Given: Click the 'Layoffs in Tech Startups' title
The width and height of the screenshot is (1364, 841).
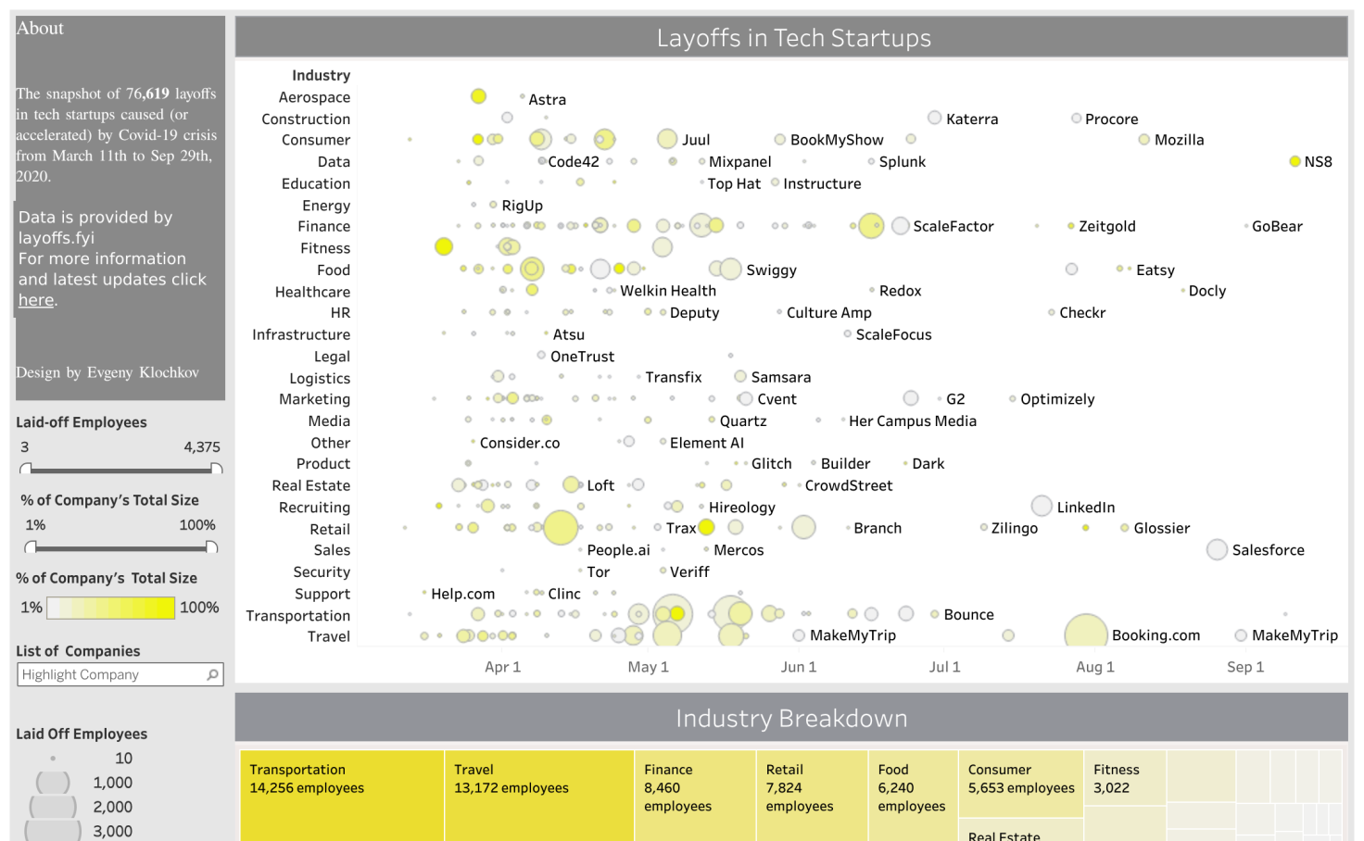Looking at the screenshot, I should (x=793, y=38).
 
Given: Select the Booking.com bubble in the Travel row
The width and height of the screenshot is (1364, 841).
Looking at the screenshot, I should (x=1086, y=634).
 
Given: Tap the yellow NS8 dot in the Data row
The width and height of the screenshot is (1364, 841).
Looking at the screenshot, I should (x=1295, y=161).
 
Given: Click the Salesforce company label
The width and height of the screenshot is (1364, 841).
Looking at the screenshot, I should (x=1268, y=550).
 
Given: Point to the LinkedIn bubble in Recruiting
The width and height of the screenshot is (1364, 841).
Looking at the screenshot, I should (x=1042, y=506).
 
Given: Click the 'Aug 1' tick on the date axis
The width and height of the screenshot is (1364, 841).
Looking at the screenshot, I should (x=1095, y=667).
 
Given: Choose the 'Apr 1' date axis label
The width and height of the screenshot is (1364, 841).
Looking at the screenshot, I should (x=502, y=667).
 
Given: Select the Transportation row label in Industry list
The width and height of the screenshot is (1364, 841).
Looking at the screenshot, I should (x=297, y=616).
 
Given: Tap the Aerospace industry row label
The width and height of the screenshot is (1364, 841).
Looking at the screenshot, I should (x=314, y=97).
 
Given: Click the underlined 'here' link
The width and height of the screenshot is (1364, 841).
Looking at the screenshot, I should (x=36, y=300).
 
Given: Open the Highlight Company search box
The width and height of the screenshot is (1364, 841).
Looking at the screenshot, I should (x=111, y=675).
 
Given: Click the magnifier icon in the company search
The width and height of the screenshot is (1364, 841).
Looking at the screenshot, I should (x=213, y=674).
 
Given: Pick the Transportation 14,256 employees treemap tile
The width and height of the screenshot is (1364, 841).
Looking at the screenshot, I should (x=341, y=794).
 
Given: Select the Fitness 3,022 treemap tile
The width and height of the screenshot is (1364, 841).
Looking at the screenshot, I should (x=1124, y=778).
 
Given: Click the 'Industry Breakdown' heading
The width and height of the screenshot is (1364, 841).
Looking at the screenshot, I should (x=791, y=719).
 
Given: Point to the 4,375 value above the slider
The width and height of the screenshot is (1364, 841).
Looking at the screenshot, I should (x=201, y=447).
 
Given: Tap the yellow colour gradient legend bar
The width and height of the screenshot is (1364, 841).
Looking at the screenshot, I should (x=110, y=608).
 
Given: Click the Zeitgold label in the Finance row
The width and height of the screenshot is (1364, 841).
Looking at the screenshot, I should (x=1106, y=226).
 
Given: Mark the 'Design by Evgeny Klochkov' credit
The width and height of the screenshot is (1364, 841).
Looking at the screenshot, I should (x=107, y=372).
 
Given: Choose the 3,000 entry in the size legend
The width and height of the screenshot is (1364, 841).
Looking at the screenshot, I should (x=112, y=831).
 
